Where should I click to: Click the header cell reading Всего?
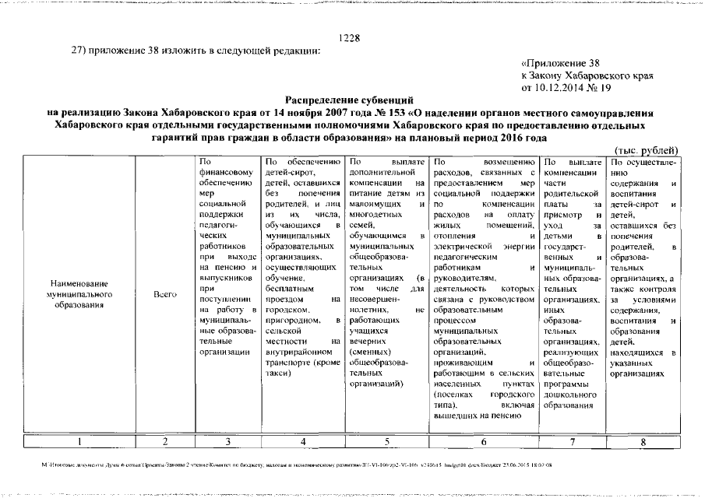point(164,295)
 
